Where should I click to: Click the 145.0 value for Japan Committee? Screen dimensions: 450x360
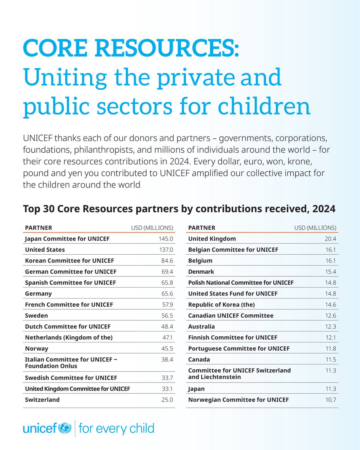pos(165,239)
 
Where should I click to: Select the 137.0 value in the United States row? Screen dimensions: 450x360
pos(165,250)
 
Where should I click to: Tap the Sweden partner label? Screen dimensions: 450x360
pos(36,316)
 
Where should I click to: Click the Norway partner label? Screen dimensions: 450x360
pos(37,349)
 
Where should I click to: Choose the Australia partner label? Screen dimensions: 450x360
pos(202,327)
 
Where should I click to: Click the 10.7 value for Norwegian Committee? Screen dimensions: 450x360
pos(330,400)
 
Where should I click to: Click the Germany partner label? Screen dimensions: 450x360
pos(38,294)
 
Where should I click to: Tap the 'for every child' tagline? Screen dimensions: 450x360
pos(116,428)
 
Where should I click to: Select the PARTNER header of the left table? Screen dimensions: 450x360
pos(38,228)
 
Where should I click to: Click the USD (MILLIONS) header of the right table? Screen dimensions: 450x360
pos(315,228)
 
